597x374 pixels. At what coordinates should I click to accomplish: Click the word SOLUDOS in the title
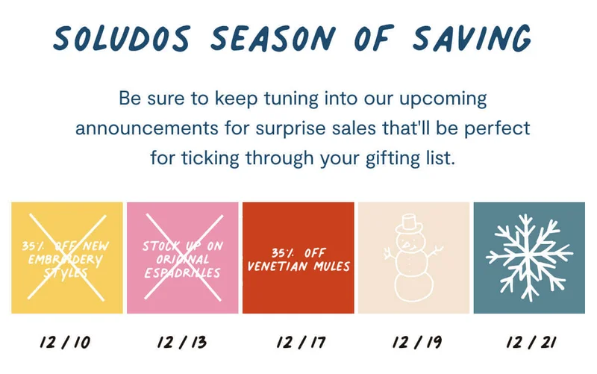(x=121, y=37)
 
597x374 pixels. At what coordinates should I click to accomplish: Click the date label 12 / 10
(x=66, y=343)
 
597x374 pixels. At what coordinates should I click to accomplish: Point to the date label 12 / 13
(x=182, y=343)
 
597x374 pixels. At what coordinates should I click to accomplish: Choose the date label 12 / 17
(x=298, y=343)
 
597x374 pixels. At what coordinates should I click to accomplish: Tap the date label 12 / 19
(x=414, y=343)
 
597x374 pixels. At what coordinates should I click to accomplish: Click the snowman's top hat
(x=408, y=222)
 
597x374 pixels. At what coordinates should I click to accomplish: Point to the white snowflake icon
(x=529, y=258)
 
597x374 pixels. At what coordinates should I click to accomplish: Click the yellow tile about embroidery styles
(x=67, y=258)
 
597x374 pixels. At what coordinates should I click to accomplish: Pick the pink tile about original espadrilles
(x=183, y=258)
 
